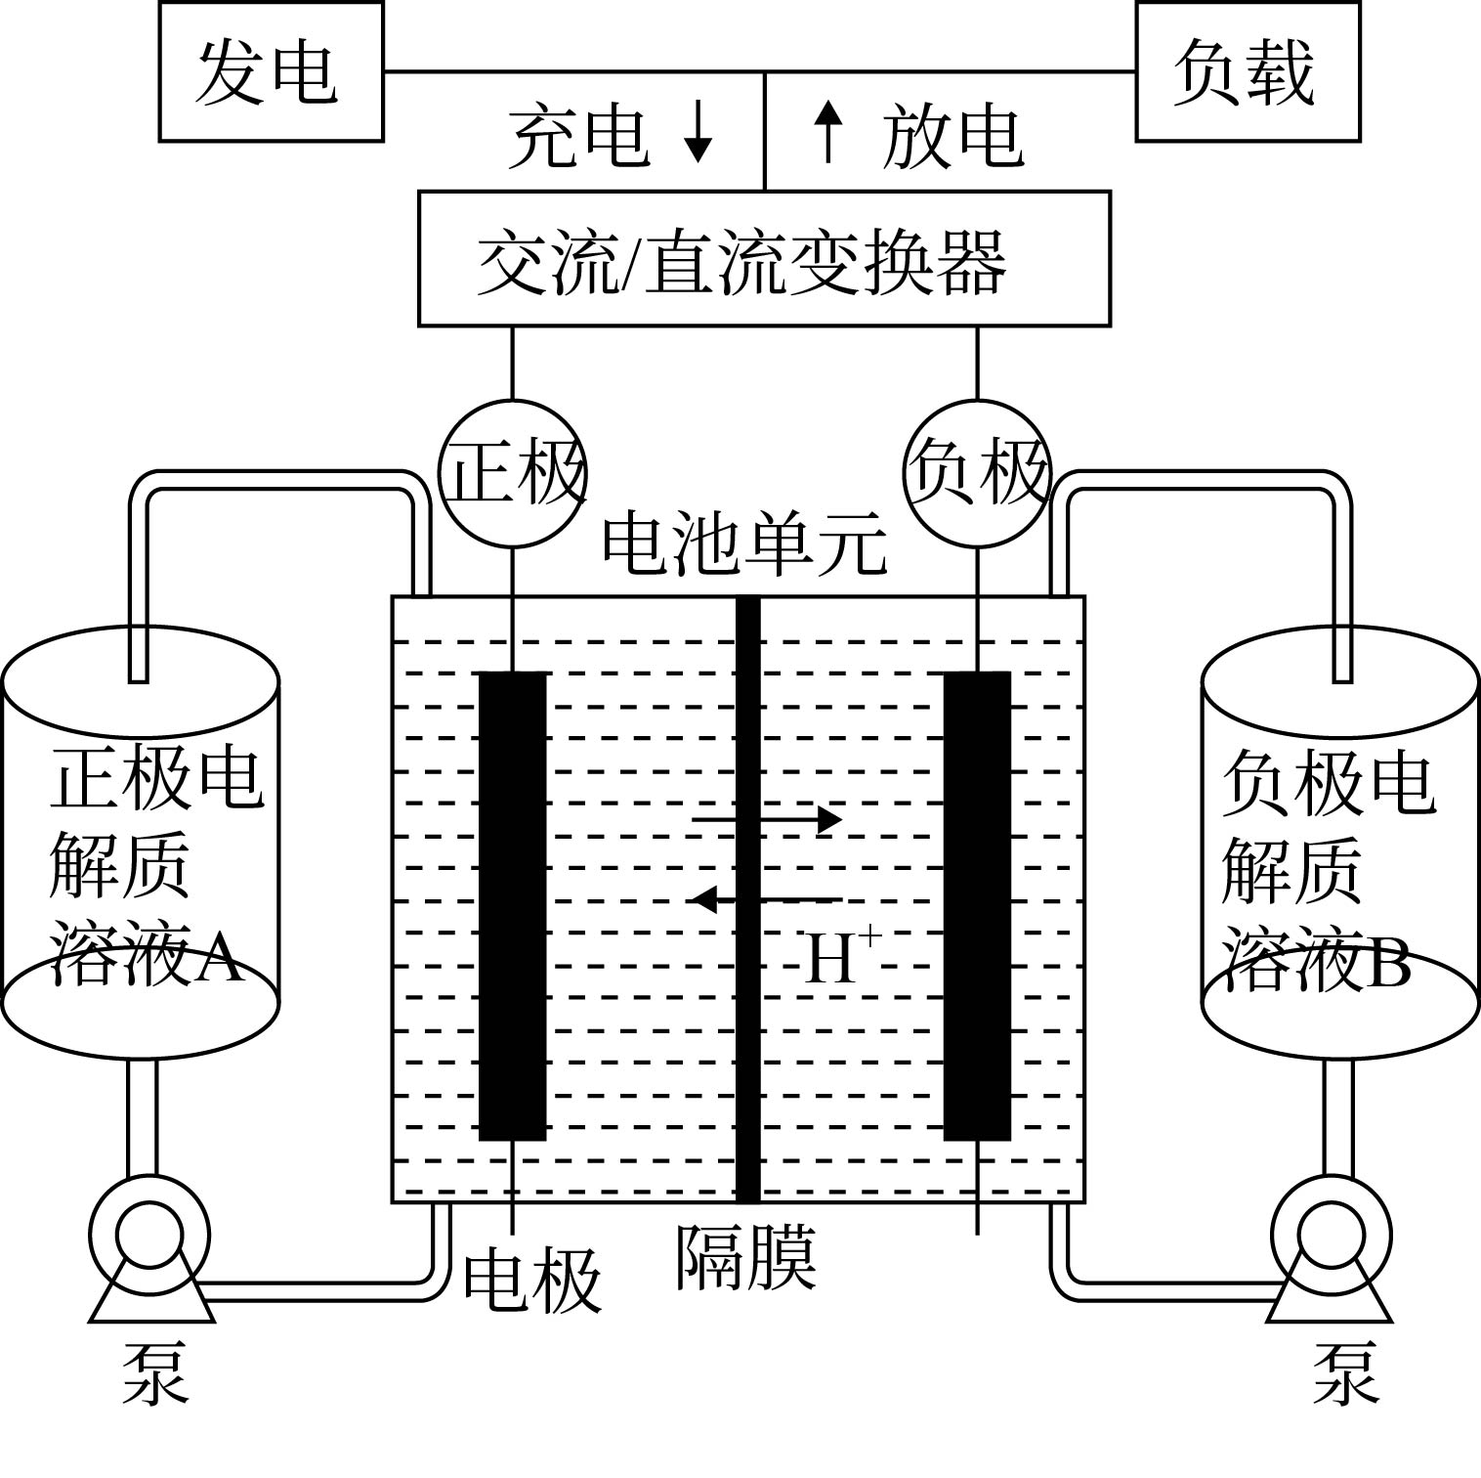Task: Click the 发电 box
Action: [x=271, y=72]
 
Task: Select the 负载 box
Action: [x=1248, y=72]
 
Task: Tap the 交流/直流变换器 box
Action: [x=764, y=259]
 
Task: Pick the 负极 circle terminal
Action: [x=978, y=469]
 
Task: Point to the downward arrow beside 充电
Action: [x=698, y=132]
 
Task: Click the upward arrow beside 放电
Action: [x=828, y=132]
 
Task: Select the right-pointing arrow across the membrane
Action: [x=767, y=819]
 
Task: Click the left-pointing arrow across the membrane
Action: [x=767, y=898]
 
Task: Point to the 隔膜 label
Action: [x=746, y=1258]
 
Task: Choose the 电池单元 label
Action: [x=744, y=545]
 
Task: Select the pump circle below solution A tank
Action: [x=148, y=1234]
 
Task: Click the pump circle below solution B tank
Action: [x=1332, y=1234]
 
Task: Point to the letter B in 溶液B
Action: [x=1388, y=964]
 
